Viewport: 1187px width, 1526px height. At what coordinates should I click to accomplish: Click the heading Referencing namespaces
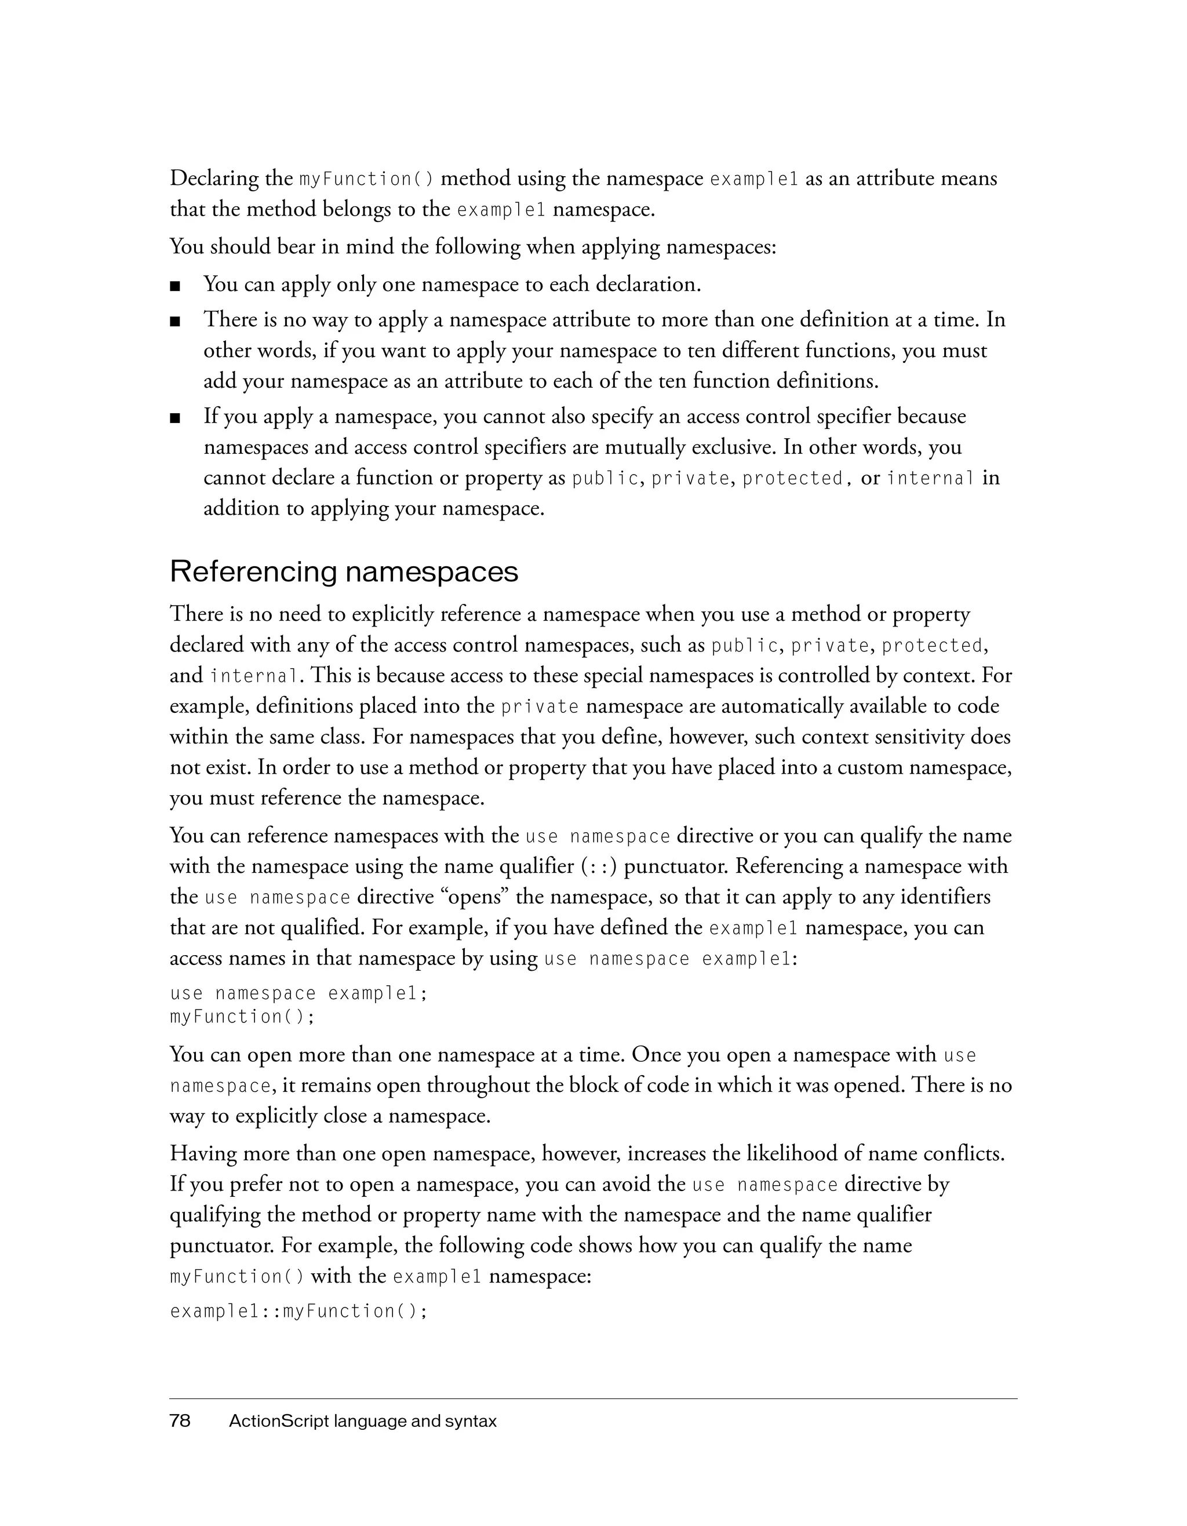344,571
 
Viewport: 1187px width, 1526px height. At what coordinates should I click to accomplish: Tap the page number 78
180,1421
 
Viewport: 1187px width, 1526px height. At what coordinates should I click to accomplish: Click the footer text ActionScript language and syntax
363,1421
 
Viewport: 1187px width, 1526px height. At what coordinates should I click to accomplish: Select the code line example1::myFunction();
298,1312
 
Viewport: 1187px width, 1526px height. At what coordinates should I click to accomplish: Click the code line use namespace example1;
298,993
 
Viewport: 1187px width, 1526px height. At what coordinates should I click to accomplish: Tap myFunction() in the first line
366,180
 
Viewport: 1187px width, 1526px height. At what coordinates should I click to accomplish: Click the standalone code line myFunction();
242,1017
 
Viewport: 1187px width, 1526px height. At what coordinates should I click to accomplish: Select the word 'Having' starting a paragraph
203,1153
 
